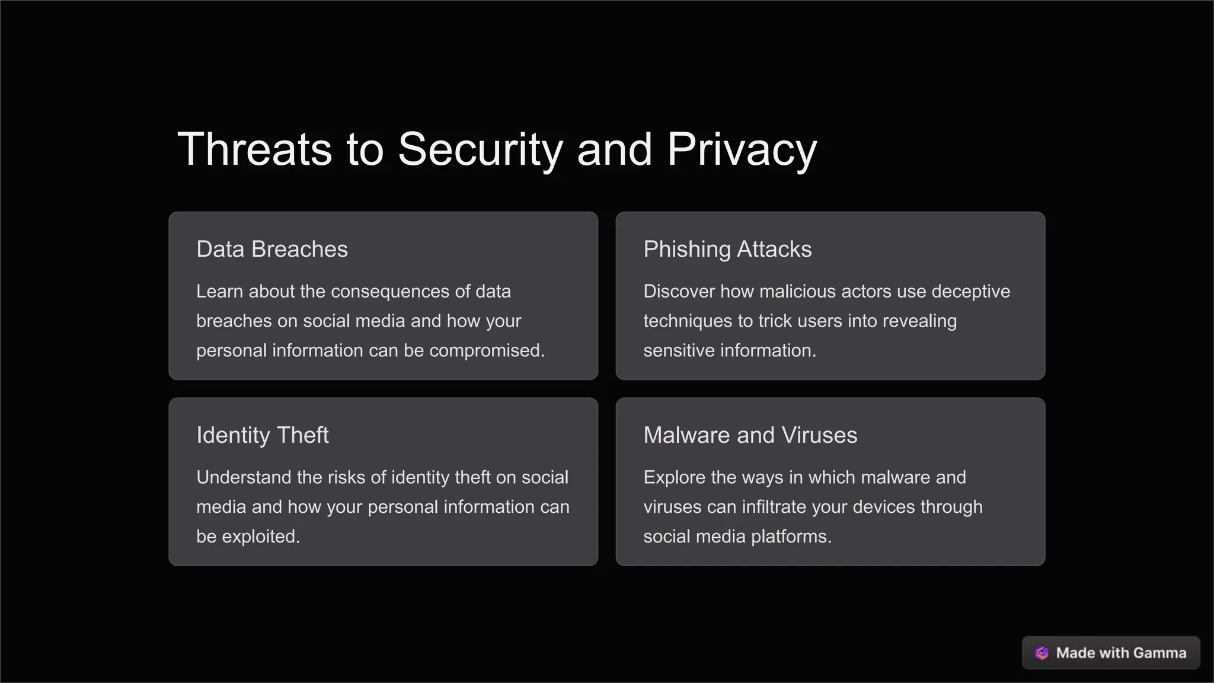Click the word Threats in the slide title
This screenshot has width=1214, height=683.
click(x=254, y=149)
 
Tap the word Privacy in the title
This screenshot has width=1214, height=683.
click(x=742, y=149)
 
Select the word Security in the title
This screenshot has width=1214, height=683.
click(x=480, y=149)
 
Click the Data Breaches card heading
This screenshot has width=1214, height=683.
click(x=272, y=250)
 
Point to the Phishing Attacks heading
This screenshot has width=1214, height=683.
click(x=727, y=250)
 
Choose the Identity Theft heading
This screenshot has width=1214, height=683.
click(x=263, y=435)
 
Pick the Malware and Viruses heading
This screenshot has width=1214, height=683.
click(x=750, y=435)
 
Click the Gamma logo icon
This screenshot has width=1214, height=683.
click(x=1042, y=653)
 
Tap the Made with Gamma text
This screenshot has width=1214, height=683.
click(x=1121, y=653)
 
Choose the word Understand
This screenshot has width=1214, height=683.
click(x=244, y=477)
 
